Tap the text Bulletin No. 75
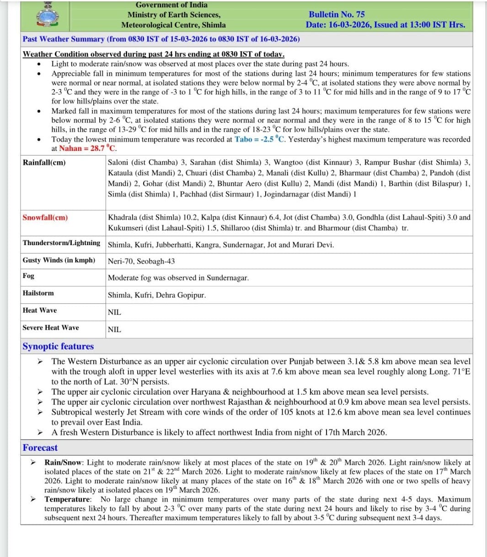pos(337,15)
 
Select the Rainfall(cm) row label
pos(44,162)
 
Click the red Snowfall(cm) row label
pos(45,218)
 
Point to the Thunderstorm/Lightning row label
pos(61,243)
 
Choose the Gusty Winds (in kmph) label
pos(59,260)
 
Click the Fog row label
pos(28,276)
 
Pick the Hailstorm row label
pos(38,293)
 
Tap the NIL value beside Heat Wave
pos(114,312)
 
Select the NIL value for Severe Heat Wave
pos(114,329)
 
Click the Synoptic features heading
pos(58,347)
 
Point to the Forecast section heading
pos(40,448)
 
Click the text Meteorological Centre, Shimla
pos(173,25)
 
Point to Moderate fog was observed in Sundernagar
pos(178,278)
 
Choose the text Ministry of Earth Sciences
pos(173,15)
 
